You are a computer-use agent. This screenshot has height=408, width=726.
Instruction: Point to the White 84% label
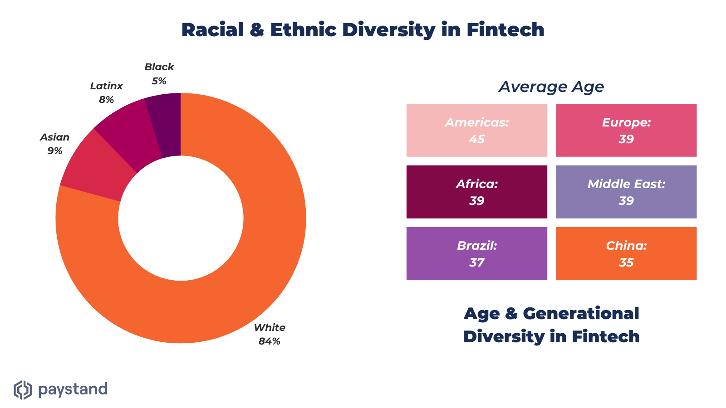coord(270,334)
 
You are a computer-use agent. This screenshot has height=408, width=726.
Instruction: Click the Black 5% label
coord(159,74)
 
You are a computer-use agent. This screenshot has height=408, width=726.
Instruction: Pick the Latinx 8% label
coord(107,92)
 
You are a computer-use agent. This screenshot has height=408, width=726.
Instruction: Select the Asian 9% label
coord(55,144)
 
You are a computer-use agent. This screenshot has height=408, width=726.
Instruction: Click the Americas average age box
coord(476,130)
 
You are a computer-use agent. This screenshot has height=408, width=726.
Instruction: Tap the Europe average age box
coord(626,130)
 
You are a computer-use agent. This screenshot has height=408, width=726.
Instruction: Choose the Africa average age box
coord(476,192)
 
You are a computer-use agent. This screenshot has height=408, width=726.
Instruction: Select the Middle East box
coord(626,192)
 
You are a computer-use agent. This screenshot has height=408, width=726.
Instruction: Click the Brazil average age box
coord(476,253)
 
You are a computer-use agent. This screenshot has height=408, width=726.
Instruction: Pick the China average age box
coord(626,253)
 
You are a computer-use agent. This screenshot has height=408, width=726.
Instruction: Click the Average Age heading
coord(551,87)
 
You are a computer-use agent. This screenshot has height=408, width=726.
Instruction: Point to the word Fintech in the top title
coord(505,30)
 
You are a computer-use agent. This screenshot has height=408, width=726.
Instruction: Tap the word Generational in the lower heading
coord(581,313)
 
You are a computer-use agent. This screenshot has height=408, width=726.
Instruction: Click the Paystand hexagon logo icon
coord(23,390)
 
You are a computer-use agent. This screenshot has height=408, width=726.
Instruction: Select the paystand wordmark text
coord(73,389)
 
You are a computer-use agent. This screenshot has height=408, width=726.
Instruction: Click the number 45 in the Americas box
coord(477,139)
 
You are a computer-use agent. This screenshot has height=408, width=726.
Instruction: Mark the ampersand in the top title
coord(257,30)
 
